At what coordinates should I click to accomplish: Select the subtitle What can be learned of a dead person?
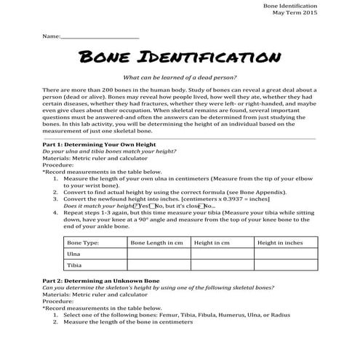(179, 76)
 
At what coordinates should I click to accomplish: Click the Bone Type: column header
(82, 241)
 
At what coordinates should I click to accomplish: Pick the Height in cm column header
(212, 241)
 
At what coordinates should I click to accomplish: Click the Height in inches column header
(280, 241)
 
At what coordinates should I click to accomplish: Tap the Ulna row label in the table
(73, 254)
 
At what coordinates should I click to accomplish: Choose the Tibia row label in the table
(74, 266)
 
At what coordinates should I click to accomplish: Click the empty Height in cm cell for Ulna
(220, 254)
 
